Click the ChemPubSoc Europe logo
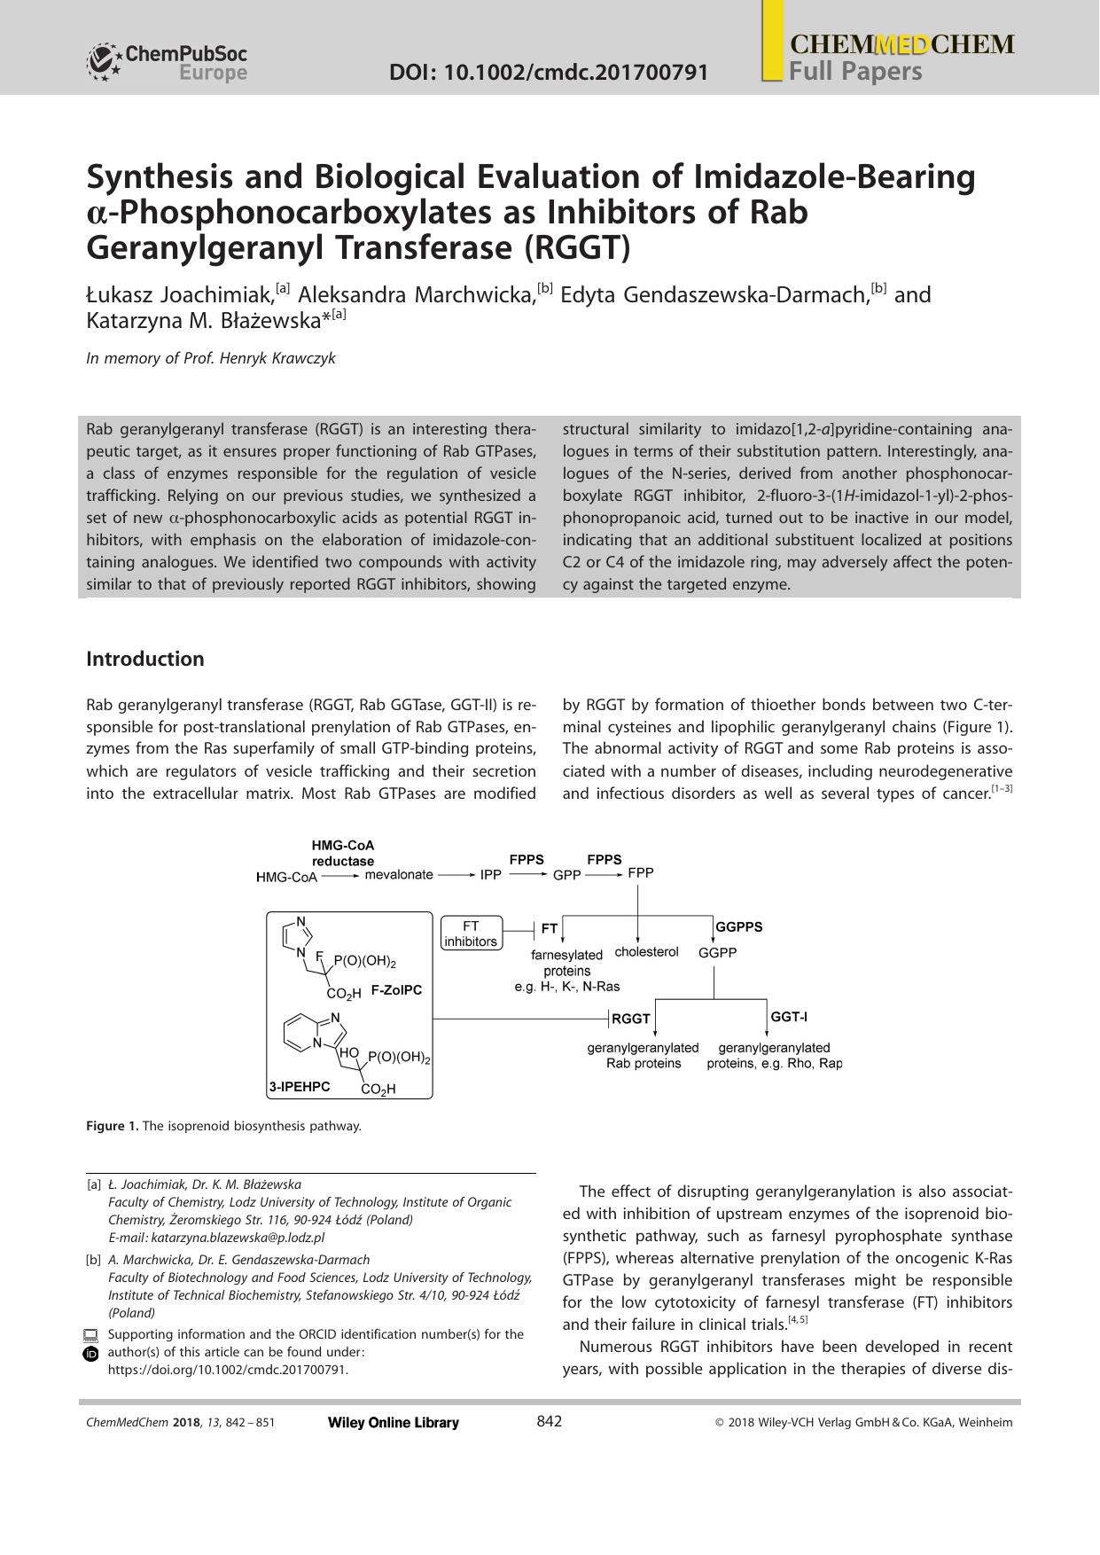(x=167, y=63)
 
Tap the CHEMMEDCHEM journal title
(x=901, y=44)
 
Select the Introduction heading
(x=144, y=659)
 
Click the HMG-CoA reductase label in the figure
(x=343, y=853)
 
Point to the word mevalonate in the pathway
(x=399, y=874)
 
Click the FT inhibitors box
(x=471, y=934)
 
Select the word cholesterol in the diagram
(x=646, y=951)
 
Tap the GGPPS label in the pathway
(x=738, y=926)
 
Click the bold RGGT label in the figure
(x=631, y=1019)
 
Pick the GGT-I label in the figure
(x=788, y=1017)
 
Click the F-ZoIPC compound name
(x=396, y=990)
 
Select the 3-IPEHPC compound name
(x=300, y=1086)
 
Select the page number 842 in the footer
(x=549, y=1422)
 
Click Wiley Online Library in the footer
(x=393, y=1423)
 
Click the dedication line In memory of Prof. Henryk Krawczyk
(x=211, y=358)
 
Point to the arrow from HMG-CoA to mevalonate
(x=339, y=876)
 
